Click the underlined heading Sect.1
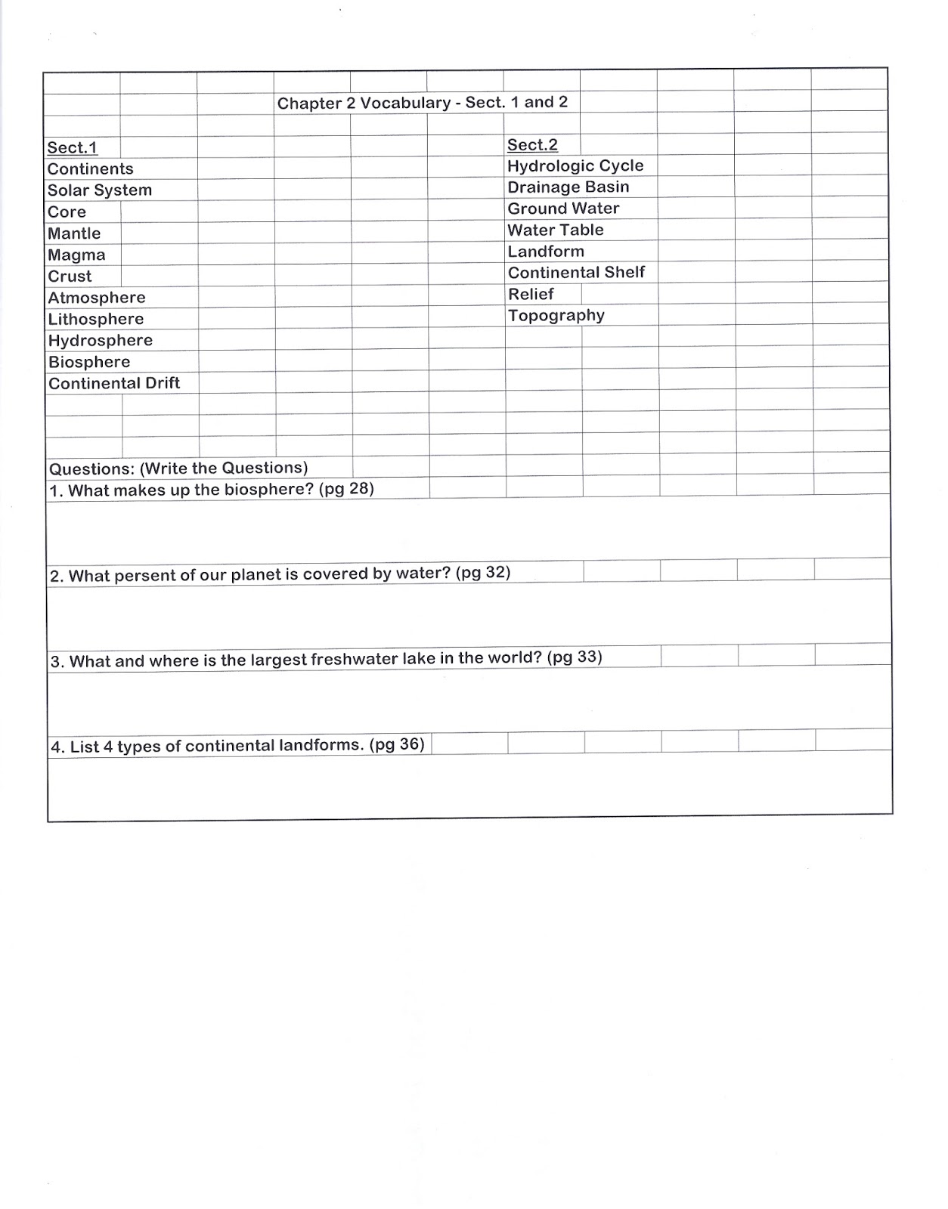coord(73,148)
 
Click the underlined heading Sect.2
coord(532,145)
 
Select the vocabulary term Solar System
coord(100,190)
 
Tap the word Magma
coord(76,255)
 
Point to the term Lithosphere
coord(96,320)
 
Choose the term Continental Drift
coord(114,384)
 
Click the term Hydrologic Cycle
coord(575,166)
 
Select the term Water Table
coord(556,230)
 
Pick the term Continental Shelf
coord(576,273)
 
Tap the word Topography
coord(556,316)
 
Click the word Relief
coord(531,295)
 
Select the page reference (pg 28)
coord(346,489)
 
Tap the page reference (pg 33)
coord(575,657)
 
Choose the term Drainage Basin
coord(568,187)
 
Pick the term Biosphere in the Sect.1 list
coord(89,363)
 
